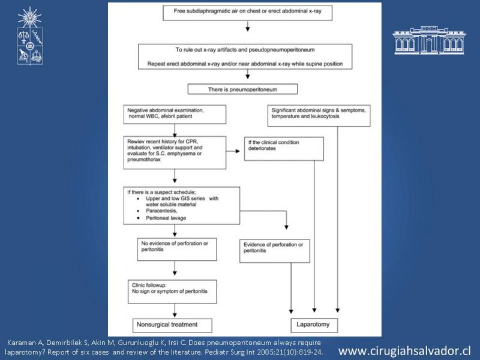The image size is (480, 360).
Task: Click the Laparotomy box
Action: [x=314, y=325]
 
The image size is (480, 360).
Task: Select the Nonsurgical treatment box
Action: [x=172, y=325]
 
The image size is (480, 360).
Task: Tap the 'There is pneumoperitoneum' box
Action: [x=242, y=89]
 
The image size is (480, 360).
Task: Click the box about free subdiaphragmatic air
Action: [x=247, y=13]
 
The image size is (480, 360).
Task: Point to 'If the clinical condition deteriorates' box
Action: [x=284, y=149]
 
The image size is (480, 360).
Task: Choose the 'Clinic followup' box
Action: [x=172, y=292]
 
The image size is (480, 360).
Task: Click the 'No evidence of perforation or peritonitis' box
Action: [x=177, y=250]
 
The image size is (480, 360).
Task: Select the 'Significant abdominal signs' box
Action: [x=319, y=116]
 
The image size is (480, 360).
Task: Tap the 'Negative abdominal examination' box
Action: [x=175, y=115]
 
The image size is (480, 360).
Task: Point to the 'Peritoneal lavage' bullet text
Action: [x=166, y=218]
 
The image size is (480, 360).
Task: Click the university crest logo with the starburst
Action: [x=29, y=36]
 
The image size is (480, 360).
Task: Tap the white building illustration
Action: [x=429, y=40]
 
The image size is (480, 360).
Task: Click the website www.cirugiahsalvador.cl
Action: [x=404, y=351]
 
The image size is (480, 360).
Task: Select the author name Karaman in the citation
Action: [x=19, y=343]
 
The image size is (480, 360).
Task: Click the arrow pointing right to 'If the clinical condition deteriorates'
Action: [x=233, y=151]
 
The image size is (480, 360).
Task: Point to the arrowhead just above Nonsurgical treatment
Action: [x=175, y=314]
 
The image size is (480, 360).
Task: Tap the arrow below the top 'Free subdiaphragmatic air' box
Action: [x=248, y=26]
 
